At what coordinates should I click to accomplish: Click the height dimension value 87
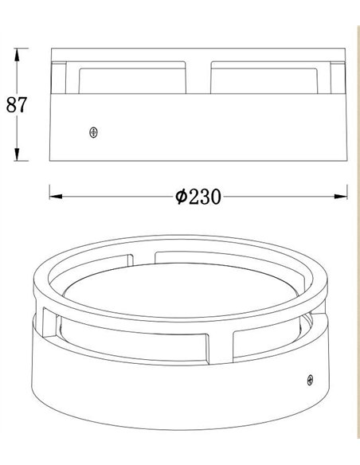tap(17, 104)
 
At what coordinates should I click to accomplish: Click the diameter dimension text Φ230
tap(198, 197)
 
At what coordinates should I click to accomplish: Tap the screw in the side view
tap(94, 132)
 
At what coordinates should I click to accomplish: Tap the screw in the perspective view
tap(310, 380)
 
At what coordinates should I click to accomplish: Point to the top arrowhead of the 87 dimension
tap(17, 55)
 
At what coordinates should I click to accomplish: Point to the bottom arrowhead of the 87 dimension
tap(17, 154)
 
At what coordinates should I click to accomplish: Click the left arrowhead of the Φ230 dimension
tap(56, 197)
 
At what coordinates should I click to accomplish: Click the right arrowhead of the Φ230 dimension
tap(340, 197)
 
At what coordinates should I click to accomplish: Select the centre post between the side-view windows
tap(198, 78)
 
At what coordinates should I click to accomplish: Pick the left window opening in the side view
tap(132, 81)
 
